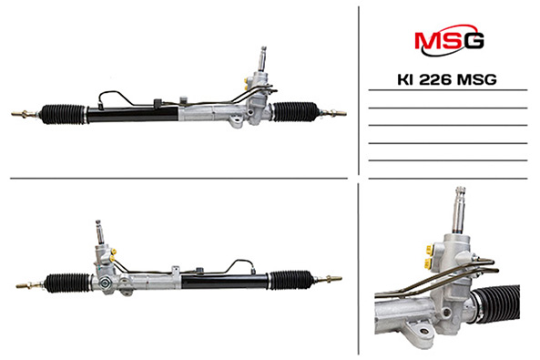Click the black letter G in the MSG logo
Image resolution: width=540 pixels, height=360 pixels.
[x=474, y=41]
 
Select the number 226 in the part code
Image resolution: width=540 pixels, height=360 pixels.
[x=434, y=79]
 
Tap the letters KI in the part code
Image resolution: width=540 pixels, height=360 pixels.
[x=406, y=79]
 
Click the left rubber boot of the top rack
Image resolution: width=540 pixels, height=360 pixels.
[x=64, y=114]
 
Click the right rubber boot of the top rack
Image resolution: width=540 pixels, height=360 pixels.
[x=295, y=112]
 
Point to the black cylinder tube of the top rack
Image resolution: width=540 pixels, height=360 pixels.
[x=132, y=114]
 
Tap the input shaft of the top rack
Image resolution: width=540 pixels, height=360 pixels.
[x=262, y=58]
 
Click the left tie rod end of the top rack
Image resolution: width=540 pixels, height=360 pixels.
[x=24, y=113]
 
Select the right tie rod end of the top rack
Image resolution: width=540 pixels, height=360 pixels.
[x=333, y=112]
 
